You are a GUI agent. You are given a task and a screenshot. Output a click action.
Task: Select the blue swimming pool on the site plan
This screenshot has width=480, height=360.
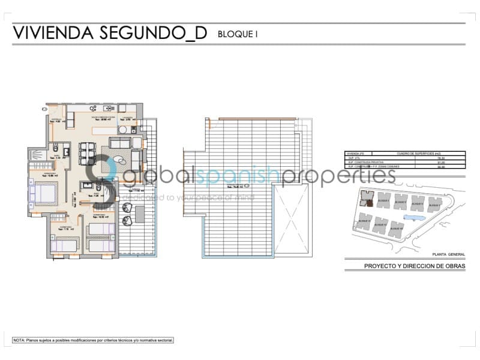click(x=414, y=218)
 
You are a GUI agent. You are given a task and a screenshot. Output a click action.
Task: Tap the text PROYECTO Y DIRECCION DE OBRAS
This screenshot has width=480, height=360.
click(x=415, y=266)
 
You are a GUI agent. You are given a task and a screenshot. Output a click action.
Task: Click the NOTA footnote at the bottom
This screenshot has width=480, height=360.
click(x=93, y=340)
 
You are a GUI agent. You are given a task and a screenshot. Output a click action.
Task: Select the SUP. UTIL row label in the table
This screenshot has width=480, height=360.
click(x=353, y=158)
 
